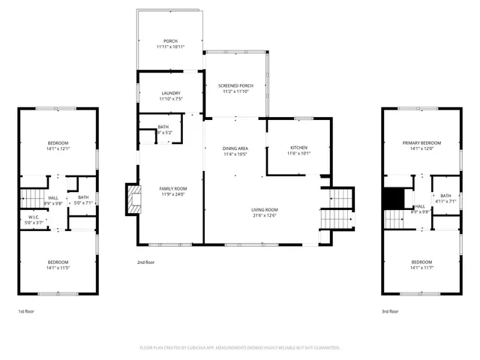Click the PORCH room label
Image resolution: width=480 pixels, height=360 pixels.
(171, 40)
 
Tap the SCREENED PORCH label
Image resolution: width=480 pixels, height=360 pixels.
(235, 86)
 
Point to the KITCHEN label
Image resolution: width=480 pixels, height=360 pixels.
(298, 148)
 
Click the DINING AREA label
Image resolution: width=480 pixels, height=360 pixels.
(235, 148)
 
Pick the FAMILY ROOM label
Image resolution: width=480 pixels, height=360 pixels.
(172, 188)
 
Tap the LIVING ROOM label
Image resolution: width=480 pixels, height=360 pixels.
(264, 209)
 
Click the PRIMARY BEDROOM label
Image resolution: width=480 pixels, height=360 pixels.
(421, 142)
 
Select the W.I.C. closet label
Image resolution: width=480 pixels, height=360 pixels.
(33, 218)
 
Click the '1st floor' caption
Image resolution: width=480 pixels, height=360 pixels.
(25, 310)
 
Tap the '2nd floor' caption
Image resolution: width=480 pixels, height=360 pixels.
(145, 262)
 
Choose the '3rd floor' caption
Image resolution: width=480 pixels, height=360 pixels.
(390, 310)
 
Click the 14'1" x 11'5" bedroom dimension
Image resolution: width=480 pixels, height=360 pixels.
(58, 267)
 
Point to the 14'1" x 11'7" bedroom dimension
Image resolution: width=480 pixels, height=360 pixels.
(421, 267)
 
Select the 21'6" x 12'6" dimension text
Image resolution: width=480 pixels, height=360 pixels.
(264, 215)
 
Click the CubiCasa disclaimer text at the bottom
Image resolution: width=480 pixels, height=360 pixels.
(240, 348)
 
